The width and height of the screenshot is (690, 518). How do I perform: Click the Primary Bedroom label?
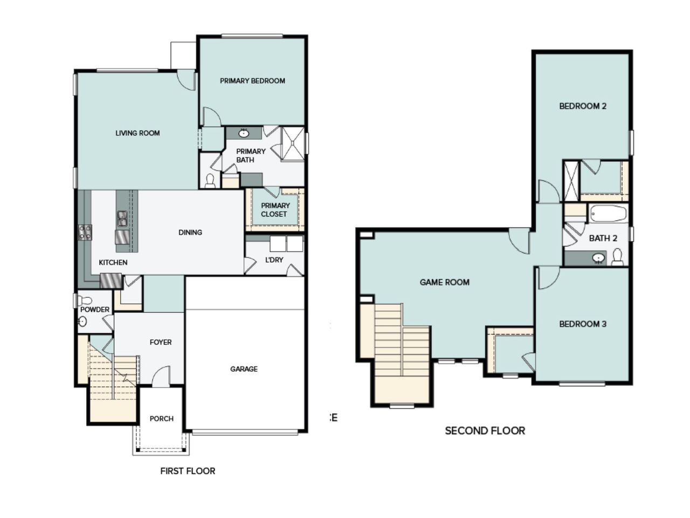tap(252, 81)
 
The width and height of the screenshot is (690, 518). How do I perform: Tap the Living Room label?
tap(137, 133)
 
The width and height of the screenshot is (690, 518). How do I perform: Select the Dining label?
tap(190, 233)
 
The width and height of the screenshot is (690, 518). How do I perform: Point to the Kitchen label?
tap(113, 263)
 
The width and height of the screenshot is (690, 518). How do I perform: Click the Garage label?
tap(244, 369)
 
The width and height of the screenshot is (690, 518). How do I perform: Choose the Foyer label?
tap(161, 342)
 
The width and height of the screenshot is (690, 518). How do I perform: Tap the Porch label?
tap(161, 419)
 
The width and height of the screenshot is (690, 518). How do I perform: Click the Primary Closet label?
tap(274, 210)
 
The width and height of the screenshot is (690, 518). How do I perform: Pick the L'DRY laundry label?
tap(274, 260)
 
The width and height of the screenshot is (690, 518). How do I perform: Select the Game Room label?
tap(444, 282)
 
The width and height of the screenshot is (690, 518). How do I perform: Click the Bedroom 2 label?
tap(583, 106)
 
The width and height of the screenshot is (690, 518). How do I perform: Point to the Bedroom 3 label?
tap(583, 324)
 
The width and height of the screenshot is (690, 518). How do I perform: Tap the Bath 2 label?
tap(603, 238)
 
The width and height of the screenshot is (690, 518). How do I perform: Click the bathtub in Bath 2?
tap(608, 214)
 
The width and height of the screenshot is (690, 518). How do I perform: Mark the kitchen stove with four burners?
tap(85, 233)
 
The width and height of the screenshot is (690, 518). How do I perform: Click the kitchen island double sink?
tap(122, 219)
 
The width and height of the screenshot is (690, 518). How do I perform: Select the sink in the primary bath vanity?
tap(244, 133)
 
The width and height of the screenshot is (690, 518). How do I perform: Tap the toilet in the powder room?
tap(86, 300)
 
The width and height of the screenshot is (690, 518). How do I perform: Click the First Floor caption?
tap(188, 471)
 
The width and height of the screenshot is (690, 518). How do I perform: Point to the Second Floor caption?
tap(485, 431)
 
